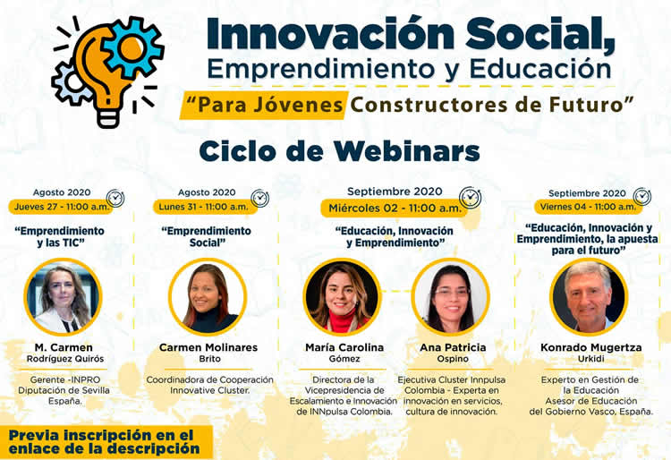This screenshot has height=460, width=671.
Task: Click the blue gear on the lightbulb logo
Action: (x=133, y=47)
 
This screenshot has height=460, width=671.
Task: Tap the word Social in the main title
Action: (x=540, y=34)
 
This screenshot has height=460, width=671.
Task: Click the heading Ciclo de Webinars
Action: (x=339, y=151)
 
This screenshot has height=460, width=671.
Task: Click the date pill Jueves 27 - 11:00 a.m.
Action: (x=62, y=207)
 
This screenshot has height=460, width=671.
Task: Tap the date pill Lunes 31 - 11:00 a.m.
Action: (x=204, y=207)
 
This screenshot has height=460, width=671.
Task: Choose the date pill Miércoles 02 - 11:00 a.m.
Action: (x=395, y=209)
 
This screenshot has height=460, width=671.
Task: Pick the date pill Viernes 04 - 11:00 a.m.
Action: (x=588, y=207)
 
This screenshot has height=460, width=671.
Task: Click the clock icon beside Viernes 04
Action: (x=641, y=197)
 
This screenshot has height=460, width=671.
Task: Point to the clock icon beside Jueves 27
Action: (x=115, y=198)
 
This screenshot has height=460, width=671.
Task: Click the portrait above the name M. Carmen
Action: (x=63, y=296)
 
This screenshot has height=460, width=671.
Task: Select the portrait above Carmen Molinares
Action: (x=208, y=296)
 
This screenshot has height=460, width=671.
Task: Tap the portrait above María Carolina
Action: (x=343, y=296)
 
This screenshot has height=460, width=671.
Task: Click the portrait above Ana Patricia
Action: (x=451, y=296)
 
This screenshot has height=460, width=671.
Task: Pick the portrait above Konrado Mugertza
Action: (x=589, y=296)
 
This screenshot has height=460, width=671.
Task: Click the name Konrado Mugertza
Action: (x=591, y=347)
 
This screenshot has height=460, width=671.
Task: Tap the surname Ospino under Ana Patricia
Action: (x=453, y=359)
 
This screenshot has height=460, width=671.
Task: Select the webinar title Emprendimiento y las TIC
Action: (x=60, y=236)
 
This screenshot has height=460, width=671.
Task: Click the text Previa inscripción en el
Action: (x=101, y=435)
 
